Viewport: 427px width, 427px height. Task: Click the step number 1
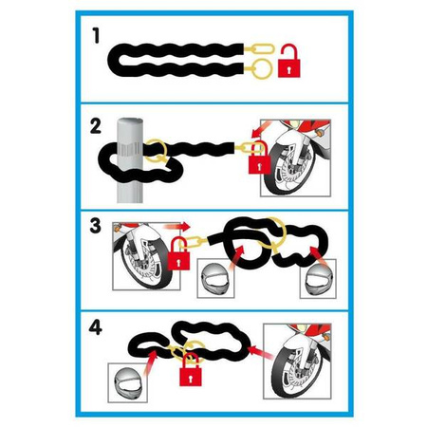tap(96, 35)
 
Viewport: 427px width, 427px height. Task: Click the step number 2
tap(95, 126)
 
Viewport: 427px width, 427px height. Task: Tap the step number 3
tap(95, 226)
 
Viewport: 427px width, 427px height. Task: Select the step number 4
tap(95, 327)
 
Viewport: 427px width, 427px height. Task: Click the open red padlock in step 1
tap(288, 61)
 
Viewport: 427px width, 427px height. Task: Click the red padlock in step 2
tap(259, 158)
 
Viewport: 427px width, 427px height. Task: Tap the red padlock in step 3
tap(178, 253)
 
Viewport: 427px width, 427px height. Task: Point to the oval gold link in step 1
tap(263, 48)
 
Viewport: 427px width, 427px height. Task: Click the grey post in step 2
tap(130, 160)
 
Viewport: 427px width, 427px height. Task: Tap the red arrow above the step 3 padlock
tap(177, 227)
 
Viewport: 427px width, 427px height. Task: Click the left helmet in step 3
tap(215, 279)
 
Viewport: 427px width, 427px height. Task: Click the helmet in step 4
tap(128, 383)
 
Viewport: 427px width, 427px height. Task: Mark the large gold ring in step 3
tap(272, 233)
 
